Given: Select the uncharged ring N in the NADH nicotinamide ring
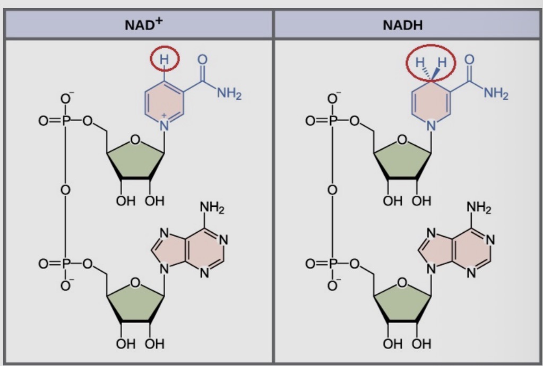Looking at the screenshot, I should pos(431,126).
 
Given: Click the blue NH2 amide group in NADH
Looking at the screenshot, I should pos(496,95).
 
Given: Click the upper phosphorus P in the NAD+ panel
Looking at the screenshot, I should pos(66,121).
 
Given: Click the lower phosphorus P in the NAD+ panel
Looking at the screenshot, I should pos(66,263).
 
